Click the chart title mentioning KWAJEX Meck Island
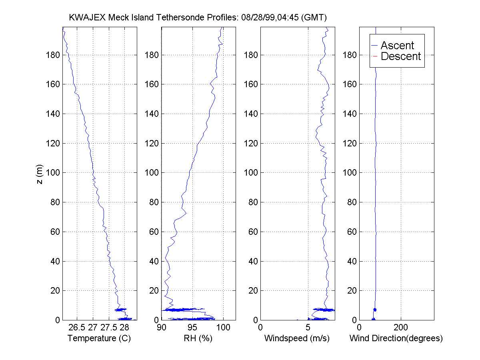[x=198, y=18]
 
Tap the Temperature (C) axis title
[x=99, y=339]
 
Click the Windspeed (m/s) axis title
[x=297, y=339]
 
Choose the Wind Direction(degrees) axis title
[x=396, y=339]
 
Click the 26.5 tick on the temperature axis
[x=77, y=328]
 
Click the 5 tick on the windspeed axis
[x=308, y=328]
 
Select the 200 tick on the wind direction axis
[x=401, y=328]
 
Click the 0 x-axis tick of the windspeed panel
[x=261, y=328]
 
